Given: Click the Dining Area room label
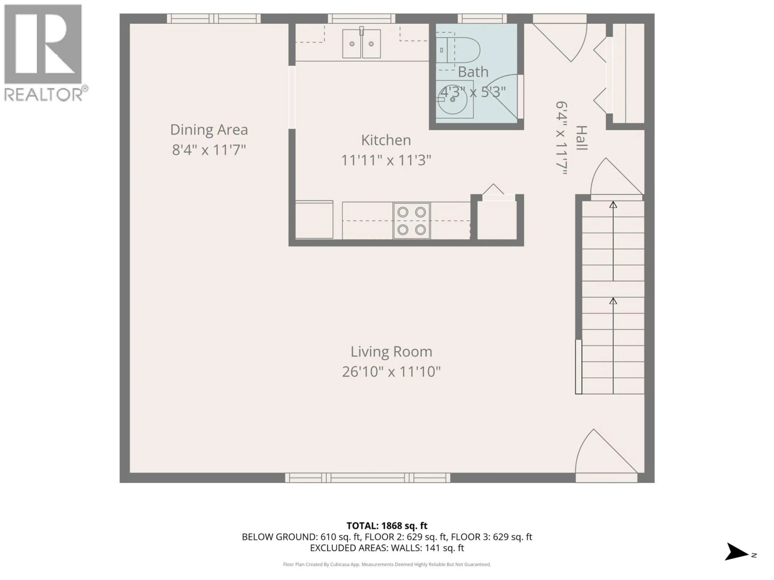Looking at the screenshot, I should tap(209, 130).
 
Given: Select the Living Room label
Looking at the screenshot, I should tap(391, 351).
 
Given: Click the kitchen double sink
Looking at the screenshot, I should tap(361, 44).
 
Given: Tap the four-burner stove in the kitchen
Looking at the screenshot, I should tap(412, 221).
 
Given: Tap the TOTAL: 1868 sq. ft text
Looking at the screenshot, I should tap(387, 526).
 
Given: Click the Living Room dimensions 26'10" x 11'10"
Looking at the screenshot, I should tap(391, 372).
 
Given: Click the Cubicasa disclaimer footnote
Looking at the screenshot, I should tap(387, 564).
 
